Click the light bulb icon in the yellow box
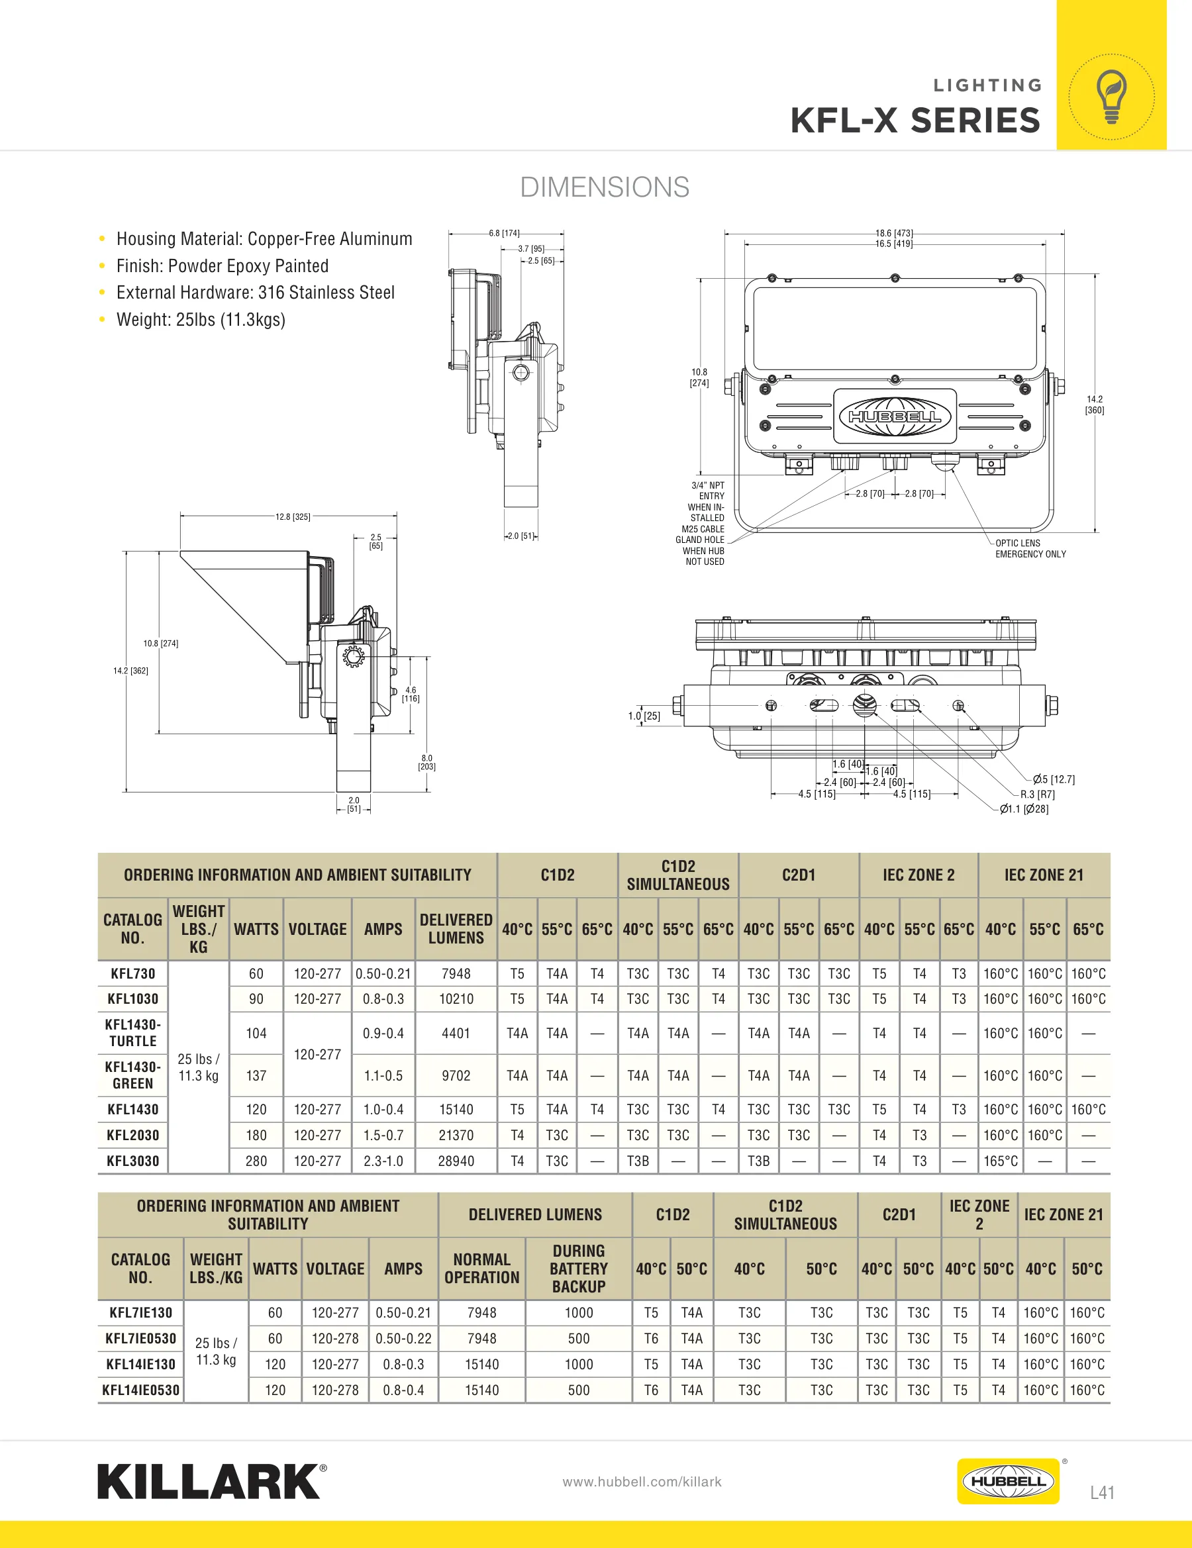(x=1111, y=97)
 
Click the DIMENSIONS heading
(x=604, y=187)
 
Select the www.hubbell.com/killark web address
(x=642, y=1481)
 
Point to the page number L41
(x=1102, y=1492)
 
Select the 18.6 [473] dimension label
(x=893, y=233)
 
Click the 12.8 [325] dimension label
(x=293, y=516)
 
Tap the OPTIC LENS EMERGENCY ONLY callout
(x=1030, y=549)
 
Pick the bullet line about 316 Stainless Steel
(x=255, y=293)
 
